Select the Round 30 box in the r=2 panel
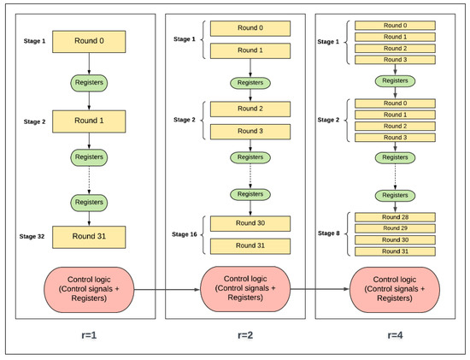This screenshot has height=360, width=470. (x=250, y=223)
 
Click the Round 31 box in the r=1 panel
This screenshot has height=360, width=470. (x=89, y=237)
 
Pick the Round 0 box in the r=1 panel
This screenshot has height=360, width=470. (x=89, y=40)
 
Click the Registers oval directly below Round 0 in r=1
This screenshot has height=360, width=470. (x=89, y=82)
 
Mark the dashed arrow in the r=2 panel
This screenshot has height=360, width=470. (x=250, y=174)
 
